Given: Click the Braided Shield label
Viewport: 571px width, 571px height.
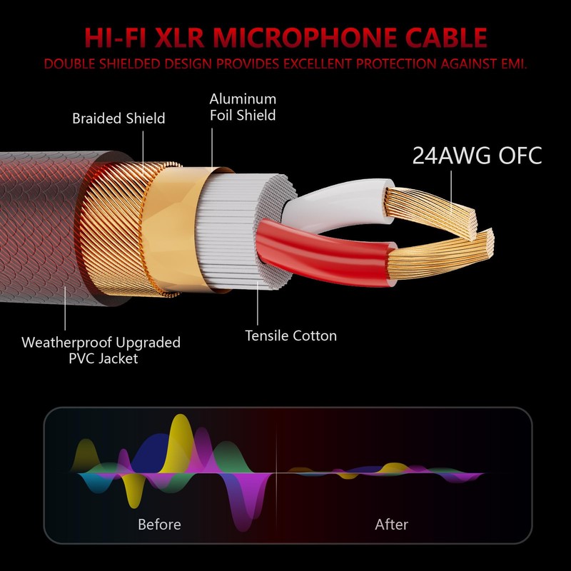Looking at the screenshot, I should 118,118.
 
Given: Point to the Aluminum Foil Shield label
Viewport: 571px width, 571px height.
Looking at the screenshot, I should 243,106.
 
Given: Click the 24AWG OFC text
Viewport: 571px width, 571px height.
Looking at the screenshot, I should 477,156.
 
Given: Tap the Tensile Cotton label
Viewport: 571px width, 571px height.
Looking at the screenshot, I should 290,335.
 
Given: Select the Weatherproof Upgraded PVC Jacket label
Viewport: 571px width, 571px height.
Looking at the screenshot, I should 101,350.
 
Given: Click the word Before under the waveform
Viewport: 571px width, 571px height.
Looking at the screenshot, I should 159,525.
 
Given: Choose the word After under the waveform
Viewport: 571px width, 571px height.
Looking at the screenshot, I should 391,525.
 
